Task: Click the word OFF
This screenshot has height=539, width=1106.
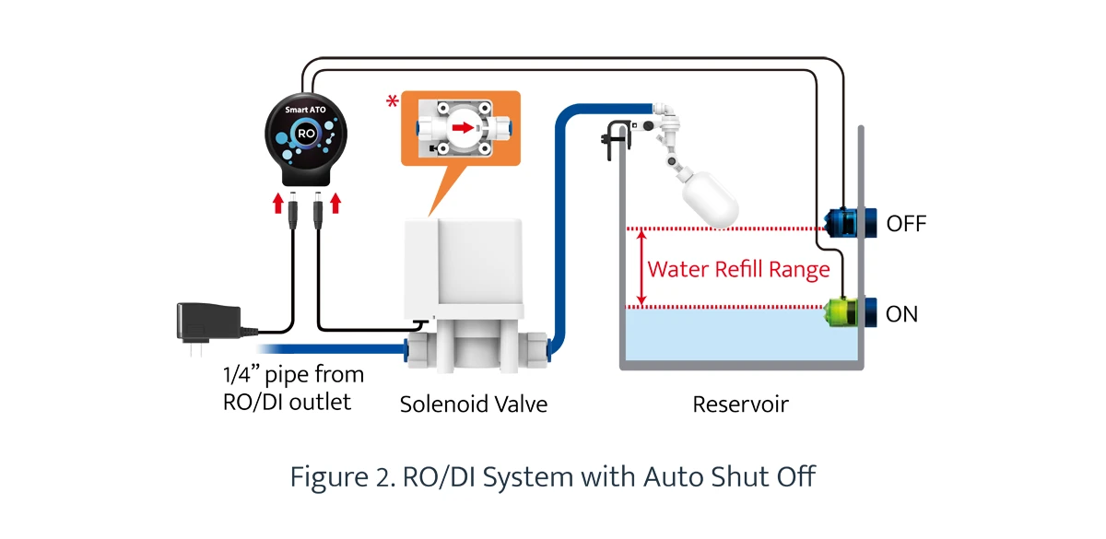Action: [906, 224]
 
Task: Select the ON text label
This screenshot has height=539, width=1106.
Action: [901, 314]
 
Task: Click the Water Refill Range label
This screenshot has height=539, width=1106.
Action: [738, 270]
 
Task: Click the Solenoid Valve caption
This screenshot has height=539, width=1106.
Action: [473, 404]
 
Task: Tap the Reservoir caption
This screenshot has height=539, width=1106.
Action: [740, 404]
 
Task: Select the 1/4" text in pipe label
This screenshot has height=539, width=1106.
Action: [241, 376]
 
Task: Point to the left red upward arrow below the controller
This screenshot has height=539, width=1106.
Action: [278, 203]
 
